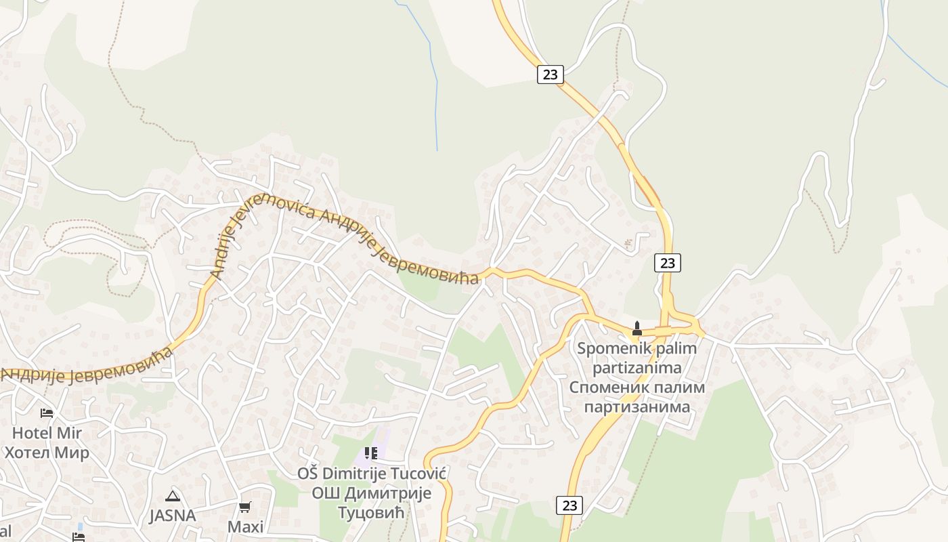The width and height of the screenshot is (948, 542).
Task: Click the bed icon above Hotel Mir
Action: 46,413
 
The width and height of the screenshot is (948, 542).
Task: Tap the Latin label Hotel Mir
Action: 47,433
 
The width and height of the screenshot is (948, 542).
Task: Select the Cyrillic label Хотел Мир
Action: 47,453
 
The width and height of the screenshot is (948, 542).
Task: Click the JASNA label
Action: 173,516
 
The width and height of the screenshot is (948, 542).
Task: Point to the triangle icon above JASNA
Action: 173,496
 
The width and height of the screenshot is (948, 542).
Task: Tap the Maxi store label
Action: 245,526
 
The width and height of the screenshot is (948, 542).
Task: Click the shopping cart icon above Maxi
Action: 245,507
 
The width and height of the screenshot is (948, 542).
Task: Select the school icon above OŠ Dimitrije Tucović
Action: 370,453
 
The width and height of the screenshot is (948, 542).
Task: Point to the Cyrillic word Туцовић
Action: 371,512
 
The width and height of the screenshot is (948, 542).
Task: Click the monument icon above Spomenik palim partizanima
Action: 637,329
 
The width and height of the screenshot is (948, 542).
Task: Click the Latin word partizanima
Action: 637,368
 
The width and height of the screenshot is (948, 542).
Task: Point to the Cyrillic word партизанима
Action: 637,407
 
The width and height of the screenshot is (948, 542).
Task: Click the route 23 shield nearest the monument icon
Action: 668,263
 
